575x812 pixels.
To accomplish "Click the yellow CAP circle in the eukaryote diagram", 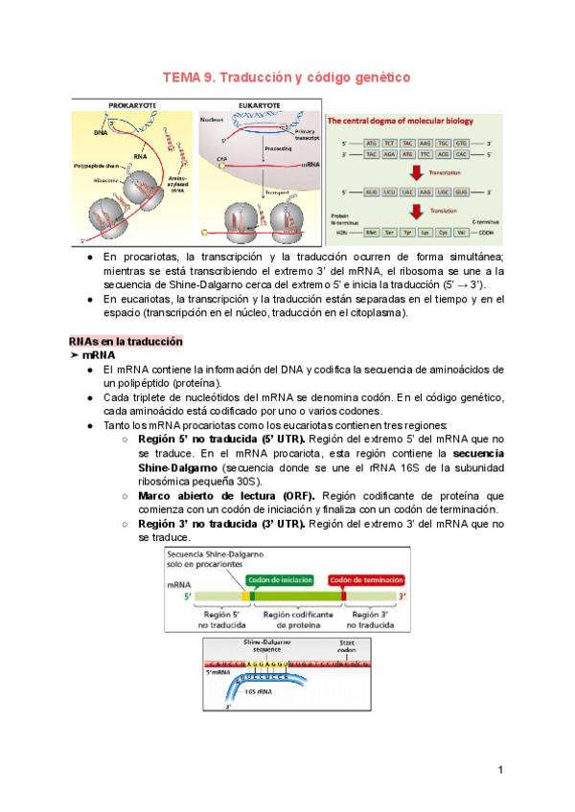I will click(x=223, y=166).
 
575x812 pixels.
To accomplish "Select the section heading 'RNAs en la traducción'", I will click(x=126, y=342).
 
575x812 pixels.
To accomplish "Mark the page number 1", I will click(x=500, y=770).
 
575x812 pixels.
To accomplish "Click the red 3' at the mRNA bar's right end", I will click(x=403, y=596).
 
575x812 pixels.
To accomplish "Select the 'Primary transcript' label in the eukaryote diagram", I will click(x=308, y=135).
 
